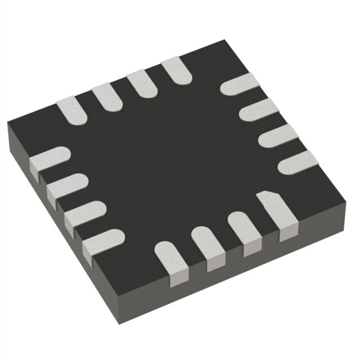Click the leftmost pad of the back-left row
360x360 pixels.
pos(71,109)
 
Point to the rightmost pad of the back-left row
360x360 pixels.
pos(175,71)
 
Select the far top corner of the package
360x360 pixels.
pos(225,40)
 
